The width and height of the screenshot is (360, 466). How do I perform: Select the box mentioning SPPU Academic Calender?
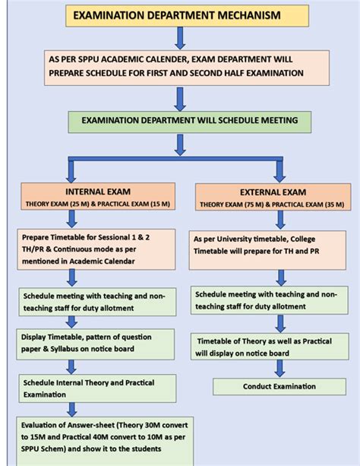pos(176,68)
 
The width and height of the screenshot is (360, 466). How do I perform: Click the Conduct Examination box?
pos(279,386)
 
